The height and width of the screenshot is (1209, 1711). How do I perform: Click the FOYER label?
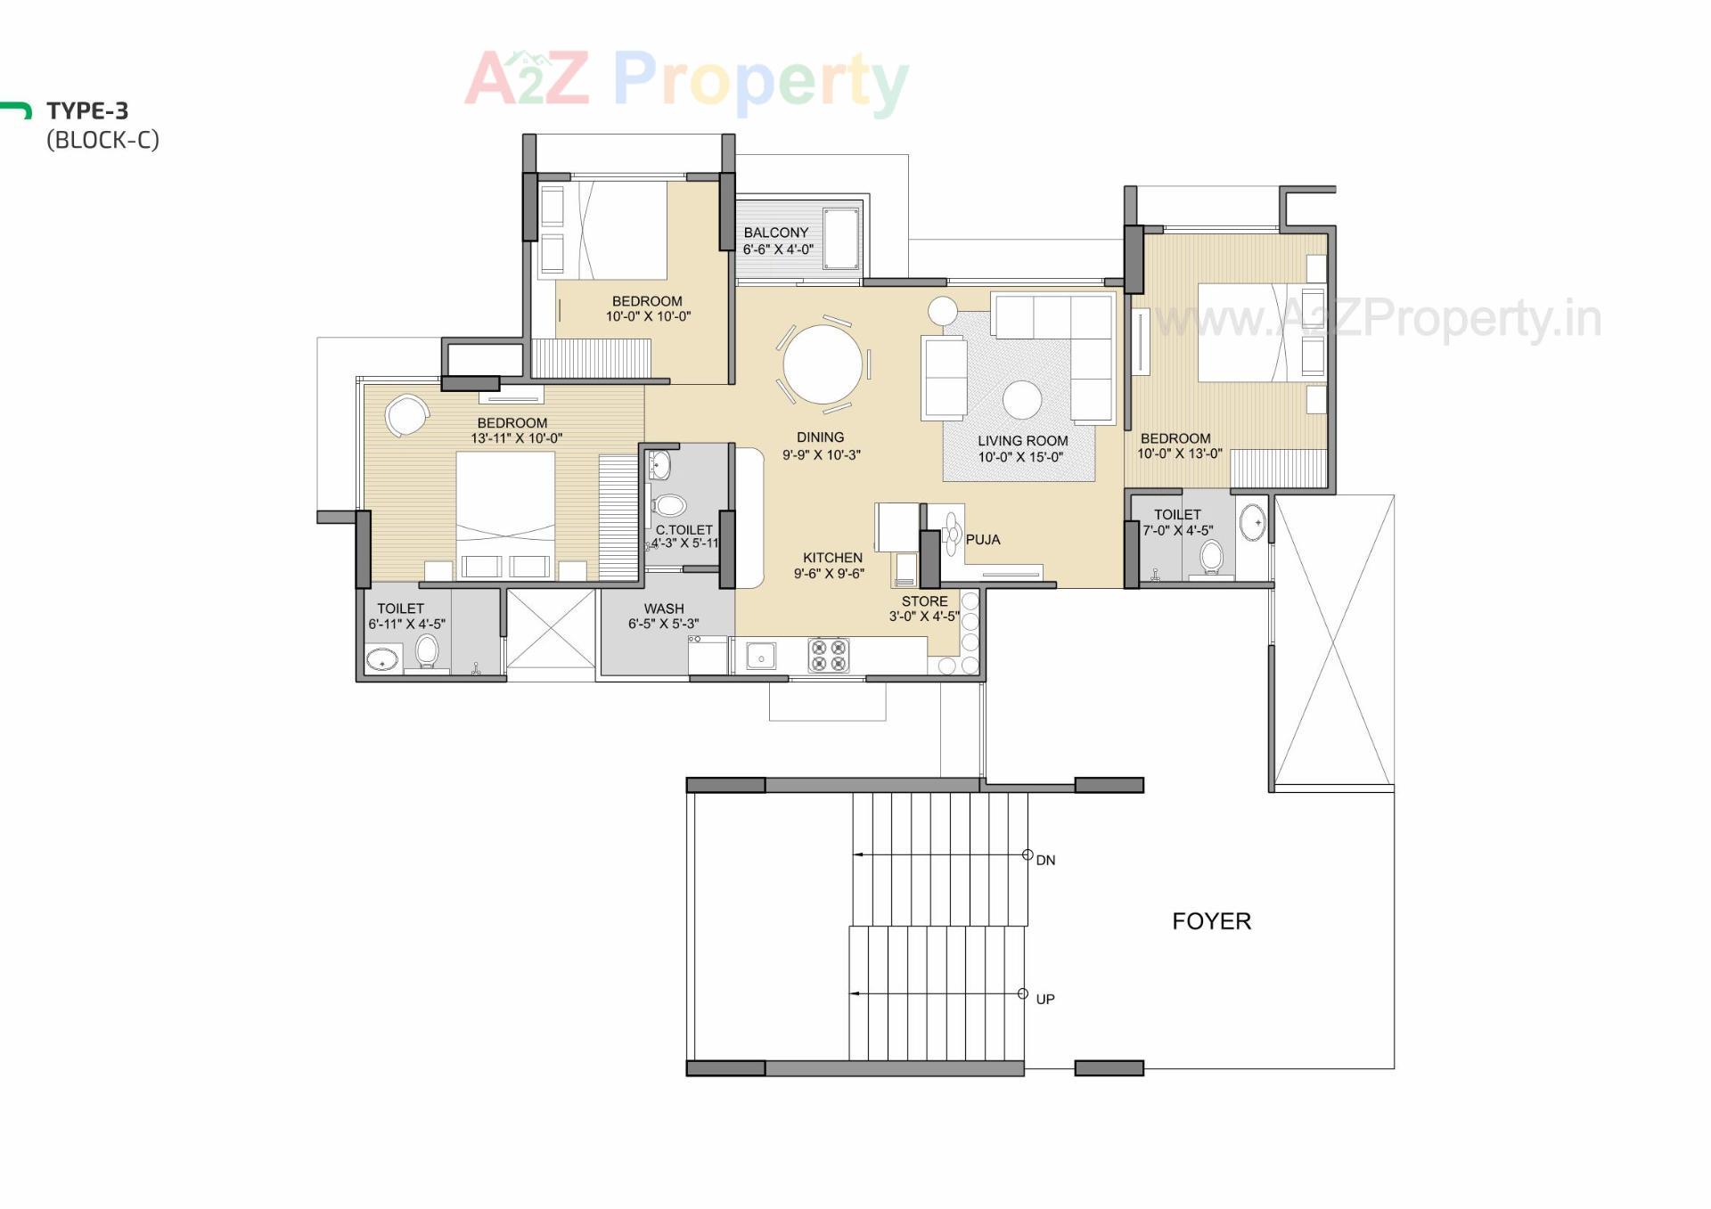pos(1211,921)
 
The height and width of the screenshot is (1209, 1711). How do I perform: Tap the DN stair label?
pos(1045,861)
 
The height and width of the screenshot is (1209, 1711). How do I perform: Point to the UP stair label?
pos(1045,1000)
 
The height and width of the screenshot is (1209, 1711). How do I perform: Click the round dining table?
pos(823,364)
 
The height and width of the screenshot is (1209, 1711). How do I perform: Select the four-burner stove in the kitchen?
pos(829,655)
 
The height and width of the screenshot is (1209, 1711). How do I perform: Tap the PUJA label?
pos(983,540)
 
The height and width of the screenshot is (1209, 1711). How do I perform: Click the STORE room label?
pos(924,601)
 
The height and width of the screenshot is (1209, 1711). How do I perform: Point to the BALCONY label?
pos(776,233)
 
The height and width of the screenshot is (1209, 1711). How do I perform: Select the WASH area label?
pos(664,609)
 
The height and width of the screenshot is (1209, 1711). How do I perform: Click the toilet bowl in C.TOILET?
pos(668,506)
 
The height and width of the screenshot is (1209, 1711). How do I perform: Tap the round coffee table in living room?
pos(1022,400)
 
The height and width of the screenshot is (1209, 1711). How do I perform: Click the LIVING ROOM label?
pos(1022,441)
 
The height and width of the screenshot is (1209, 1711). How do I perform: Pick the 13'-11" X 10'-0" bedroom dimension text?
pos(517,438)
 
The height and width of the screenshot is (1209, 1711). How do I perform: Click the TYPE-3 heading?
pos(87,111)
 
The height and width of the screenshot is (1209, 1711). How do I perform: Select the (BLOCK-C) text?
pos(102,140)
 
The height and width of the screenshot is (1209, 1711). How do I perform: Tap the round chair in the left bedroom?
pos(406,414)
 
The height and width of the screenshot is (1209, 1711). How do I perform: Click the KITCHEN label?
pos(832,558)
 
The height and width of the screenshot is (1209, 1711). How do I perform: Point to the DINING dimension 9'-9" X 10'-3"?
pos(822,455)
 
